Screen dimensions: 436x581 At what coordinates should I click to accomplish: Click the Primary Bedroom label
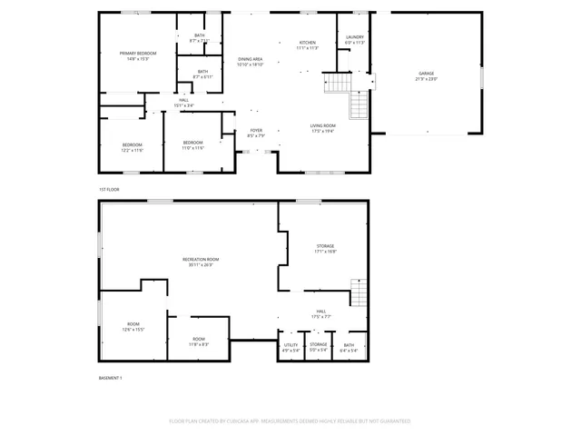pyautogui.click(x=138, y=54)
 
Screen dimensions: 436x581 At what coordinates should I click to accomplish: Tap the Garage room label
pyautogui.click(x=428, y=74)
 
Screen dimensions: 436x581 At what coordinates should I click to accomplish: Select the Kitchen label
pyautogui.click(x=308, y=42)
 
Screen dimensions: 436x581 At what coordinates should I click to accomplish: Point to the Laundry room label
pyautogui.click(x=354, y=37)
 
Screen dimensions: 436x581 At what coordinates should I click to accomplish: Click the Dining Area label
pyautogui.click(x=250, y=58)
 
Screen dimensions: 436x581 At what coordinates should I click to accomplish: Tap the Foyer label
pyautogui.click(x=256, y=130)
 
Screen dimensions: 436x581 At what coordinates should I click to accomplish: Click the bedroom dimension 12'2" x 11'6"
pyautogui.click(x=133, y=150)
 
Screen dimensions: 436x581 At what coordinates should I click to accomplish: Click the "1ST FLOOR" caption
pyautogui.click(x=109, y=189)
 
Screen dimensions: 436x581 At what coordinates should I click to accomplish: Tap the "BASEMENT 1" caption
pyautogui.click(x=111, y=377)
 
